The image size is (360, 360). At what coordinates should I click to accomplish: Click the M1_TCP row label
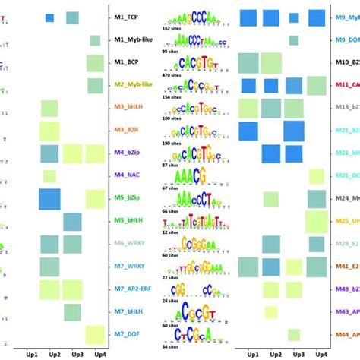(x=131, y=17)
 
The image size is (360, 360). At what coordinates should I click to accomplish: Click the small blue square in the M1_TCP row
(x=49, y=17)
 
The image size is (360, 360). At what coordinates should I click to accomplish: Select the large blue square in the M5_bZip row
(x=49, y=200)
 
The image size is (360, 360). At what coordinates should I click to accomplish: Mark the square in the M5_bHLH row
(x=73, y=222)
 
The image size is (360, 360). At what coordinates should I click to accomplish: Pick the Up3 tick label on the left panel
(x=73, y=354)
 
